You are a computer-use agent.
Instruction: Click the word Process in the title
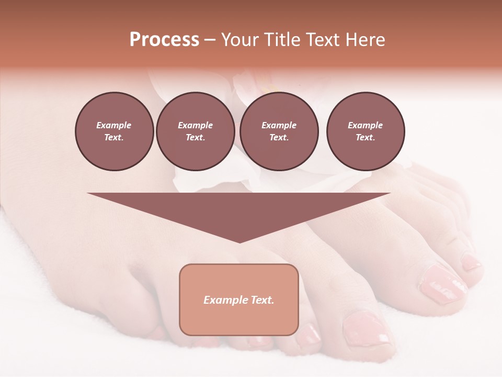(164, 40)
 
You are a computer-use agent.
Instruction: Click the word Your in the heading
(240, 40)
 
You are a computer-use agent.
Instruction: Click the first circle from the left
(115, 131)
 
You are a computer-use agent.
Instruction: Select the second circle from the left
(196, 131)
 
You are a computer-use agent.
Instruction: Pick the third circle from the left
(279, 131)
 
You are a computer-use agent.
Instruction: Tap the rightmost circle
(366, 131)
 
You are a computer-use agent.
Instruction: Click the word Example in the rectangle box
(224, 300)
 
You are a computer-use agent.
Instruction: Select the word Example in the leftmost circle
(114, 126)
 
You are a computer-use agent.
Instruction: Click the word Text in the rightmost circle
(365, 138)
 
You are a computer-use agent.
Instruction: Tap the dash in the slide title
(210, 40)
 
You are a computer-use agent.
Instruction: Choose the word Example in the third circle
(279, 126)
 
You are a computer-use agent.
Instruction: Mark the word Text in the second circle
(195, 138)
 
